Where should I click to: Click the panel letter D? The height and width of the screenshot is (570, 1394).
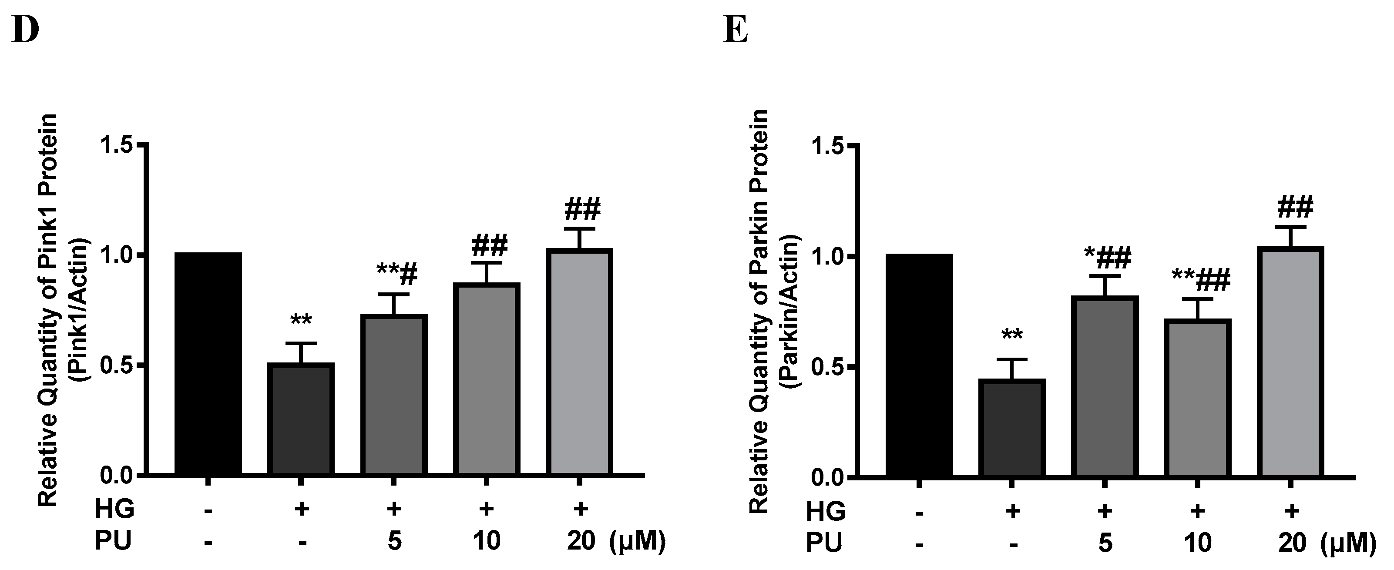pyautogui.click(x=25, y=31)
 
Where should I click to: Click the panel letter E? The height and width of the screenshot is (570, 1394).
pyautogui.click(x=736, y=31)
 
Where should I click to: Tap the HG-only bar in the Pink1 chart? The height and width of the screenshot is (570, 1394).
pyautogui.click(x=301, y=419)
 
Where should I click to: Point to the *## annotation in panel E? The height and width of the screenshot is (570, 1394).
pyautogui.click(x=1107, y=258)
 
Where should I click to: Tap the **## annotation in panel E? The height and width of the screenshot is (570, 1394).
pyautogui.click(x=1200, y=280)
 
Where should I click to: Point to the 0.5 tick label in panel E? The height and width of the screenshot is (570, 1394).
pyautogui.click(x=828, y=368)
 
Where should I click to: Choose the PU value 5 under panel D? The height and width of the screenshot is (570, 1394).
pyautogui.click(x=394, y=541)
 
